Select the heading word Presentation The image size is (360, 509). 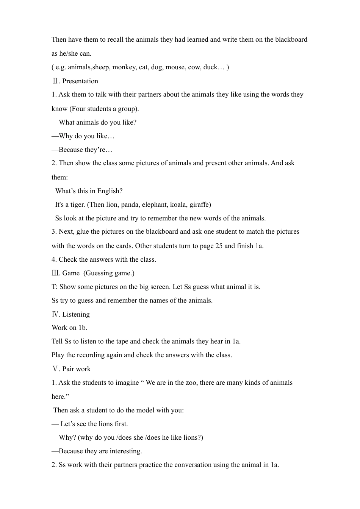pyautogui.click(x=80, y=81)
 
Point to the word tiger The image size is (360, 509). pyautogui.click(x=78, y=205)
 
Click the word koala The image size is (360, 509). pyautogui.click(x=178, y=205)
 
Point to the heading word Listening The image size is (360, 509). pyautogui.click(x=76, y=314)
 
